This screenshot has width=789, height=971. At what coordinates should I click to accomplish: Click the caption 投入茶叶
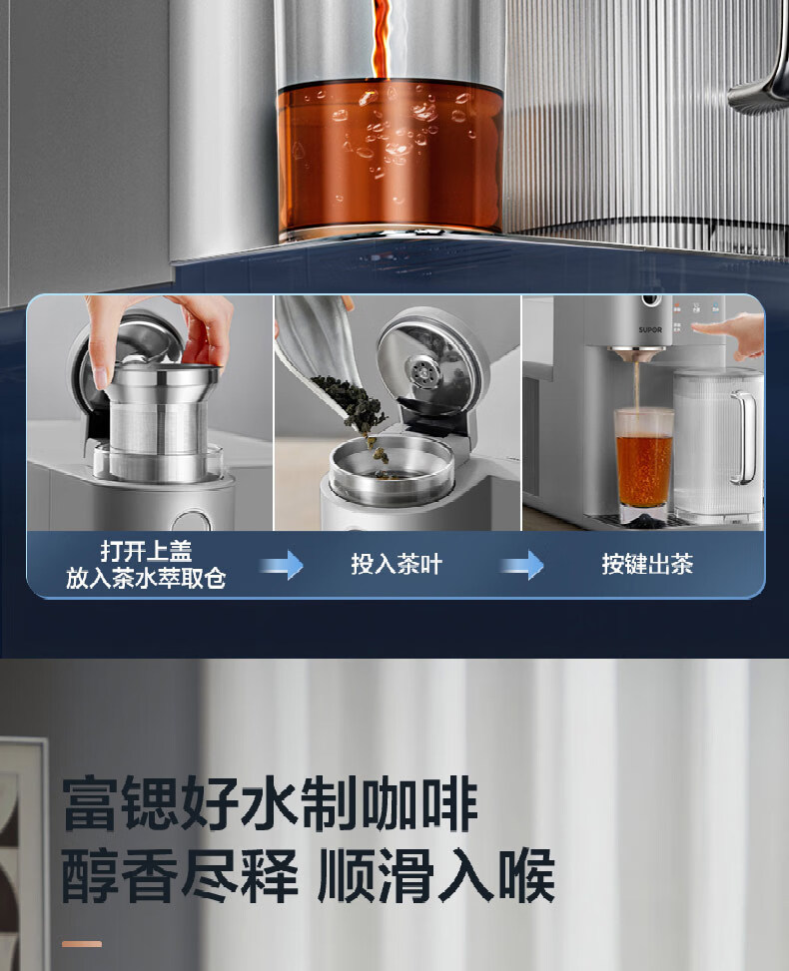(x=396, y=564)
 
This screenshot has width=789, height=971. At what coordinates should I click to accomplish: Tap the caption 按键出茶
(x=647, y=564)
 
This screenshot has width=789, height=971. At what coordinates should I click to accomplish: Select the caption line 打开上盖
(x=146, y=551)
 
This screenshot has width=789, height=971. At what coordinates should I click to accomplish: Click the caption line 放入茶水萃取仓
(x=146, y=578)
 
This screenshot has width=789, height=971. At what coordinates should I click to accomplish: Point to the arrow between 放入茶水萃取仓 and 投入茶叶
(x=282, y=565)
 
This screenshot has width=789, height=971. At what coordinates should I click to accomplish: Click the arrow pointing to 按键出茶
(x=522, y=565)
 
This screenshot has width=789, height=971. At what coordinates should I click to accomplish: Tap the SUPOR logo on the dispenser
(x=650, y=329)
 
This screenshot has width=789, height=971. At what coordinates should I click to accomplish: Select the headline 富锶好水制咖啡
(x=271, y=803)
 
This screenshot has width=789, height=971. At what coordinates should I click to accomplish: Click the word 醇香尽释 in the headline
(x=180, y=875)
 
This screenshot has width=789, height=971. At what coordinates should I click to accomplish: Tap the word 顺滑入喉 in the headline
(x=436, y=875)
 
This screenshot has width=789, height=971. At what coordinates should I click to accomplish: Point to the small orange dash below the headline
(x=82, y=944)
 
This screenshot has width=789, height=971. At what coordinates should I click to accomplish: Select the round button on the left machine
(x=192, y=520)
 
